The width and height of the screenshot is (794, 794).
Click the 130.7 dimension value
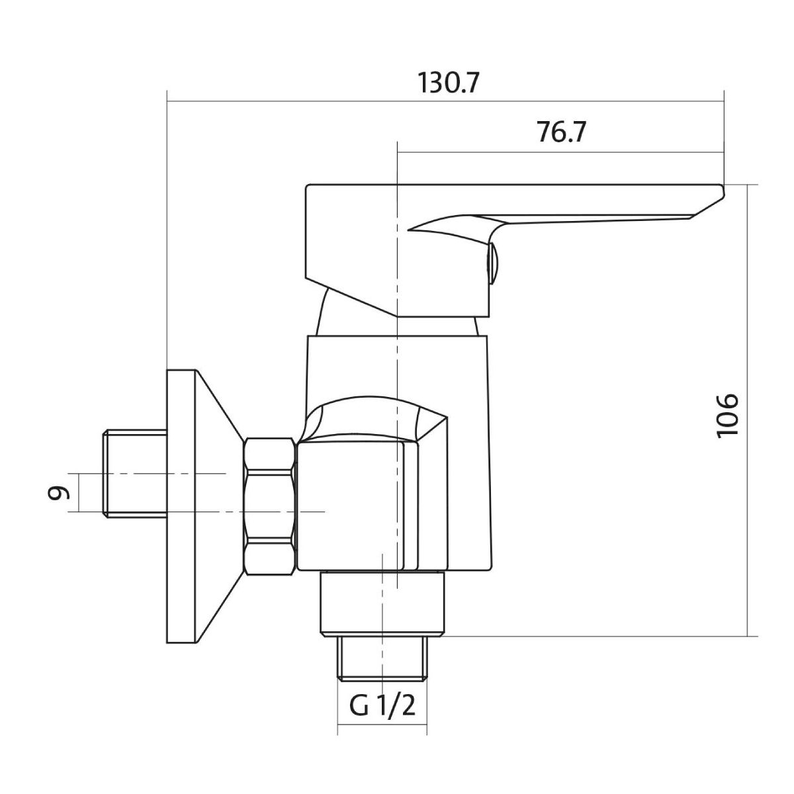[447, 84]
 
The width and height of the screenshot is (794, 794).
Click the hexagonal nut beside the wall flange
[269, 507]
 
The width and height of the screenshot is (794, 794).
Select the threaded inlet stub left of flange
[135, 474]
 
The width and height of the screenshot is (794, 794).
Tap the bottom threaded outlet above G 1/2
[382, 658]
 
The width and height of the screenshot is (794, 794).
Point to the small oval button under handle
[492, 263]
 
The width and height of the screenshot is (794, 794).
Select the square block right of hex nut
[349, 506]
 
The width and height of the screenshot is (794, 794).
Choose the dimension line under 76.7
[560, 153]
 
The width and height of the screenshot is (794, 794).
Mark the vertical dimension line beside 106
[748, 410]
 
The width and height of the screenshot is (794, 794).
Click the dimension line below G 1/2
[382, 732]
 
